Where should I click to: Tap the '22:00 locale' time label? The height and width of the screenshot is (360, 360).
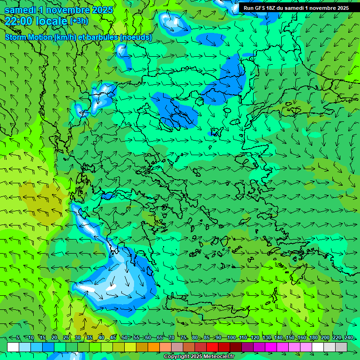[36, 21]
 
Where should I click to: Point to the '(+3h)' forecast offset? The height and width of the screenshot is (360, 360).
[78, 21]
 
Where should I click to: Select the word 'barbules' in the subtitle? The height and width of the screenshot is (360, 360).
[103, 37]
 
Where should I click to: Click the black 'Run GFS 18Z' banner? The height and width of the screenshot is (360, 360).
[296, 8]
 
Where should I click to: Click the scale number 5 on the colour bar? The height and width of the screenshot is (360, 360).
[18, 337]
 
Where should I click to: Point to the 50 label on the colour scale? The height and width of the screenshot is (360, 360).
[124, 337]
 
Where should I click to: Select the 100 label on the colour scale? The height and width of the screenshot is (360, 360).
[231, 337]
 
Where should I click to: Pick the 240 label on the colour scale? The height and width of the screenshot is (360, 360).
[348, 337]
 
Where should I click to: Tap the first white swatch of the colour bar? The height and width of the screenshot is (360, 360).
[13, 347]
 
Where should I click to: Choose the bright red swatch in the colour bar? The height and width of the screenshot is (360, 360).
[212, 347]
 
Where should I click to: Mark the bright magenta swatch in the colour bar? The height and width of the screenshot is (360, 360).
[271, 347]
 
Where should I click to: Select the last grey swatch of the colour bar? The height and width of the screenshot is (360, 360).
[341, 347]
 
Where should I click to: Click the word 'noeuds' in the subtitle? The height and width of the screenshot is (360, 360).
[135, 37]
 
